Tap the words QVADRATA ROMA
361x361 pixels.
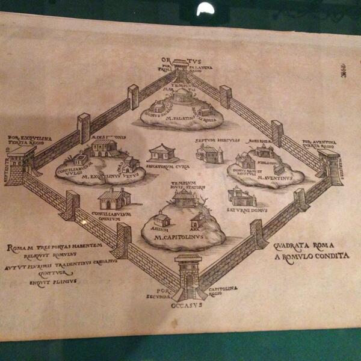[303, 245]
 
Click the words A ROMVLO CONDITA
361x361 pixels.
[311, 256]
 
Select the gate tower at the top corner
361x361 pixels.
[180, 69]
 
